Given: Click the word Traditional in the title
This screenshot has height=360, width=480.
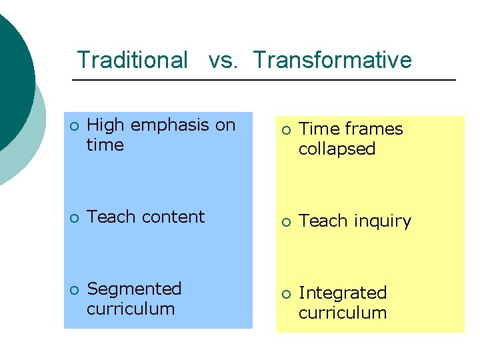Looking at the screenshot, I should pos(132,60).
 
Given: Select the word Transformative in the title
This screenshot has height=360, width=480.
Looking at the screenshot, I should pos(332,60).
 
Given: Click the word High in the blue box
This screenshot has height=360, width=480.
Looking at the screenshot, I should pos(105,125).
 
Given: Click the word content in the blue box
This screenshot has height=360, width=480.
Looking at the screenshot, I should pos(173,217).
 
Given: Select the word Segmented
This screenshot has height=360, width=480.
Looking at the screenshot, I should pos(134,289).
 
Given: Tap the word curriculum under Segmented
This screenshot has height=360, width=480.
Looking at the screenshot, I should pos(131,309).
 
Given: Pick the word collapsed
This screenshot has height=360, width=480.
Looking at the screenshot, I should pos(337,149).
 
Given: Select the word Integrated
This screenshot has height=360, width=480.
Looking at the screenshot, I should pos(342,293).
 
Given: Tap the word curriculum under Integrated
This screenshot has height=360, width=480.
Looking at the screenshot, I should pos(342,313).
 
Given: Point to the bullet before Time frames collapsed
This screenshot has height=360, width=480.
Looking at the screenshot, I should pos(285,129).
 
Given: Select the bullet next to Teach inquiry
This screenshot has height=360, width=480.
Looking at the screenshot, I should pos(285,221).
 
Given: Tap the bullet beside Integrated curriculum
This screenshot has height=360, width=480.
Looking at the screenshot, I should pos(285,293).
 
